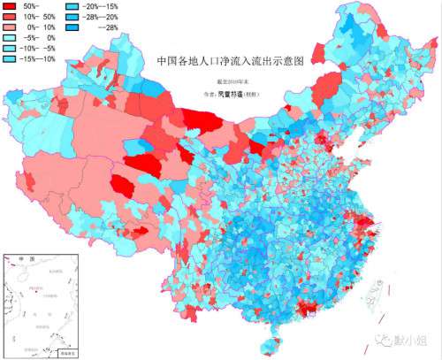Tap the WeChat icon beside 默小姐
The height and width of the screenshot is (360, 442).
(386, 339)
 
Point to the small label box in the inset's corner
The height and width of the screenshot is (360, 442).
(67, 351)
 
